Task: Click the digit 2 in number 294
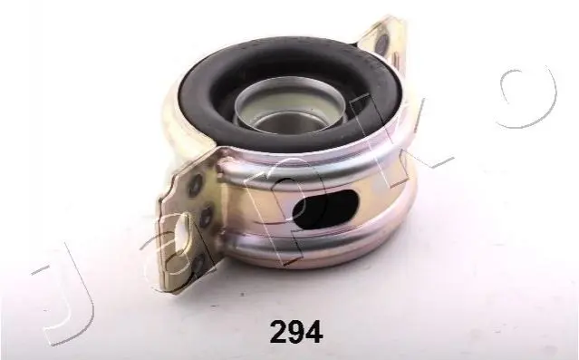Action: [x=279, y=332]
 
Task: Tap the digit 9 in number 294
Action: [x=296, y=332]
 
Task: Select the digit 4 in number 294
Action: [x=314, y=332]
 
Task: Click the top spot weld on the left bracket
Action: [x=196, y=184]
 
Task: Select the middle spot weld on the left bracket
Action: [x=206, y=217]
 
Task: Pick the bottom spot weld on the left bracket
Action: [x=199, y=263]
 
